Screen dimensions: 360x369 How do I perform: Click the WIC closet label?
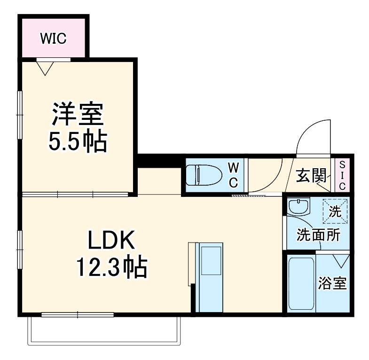(53, 39)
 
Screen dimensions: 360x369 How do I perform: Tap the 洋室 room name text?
(78, 115)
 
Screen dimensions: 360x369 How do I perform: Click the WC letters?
(234, 174)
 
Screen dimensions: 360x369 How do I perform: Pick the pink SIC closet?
(342, 175)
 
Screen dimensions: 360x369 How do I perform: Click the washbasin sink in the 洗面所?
(298, 207)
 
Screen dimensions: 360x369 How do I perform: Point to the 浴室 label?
(332, 284)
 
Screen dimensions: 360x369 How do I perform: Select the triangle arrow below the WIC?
(45, 69)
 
